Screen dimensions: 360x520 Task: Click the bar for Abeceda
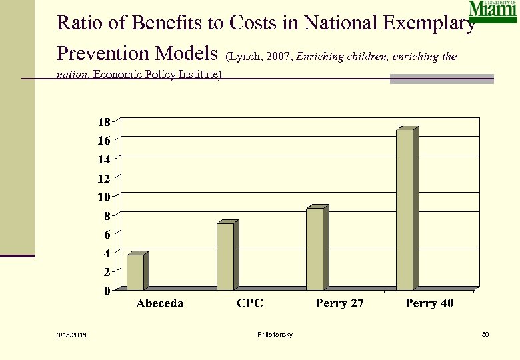pyautogui.click(x=135, y=272)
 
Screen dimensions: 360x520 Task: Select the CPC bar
pyautogui.click(x=225, y=257)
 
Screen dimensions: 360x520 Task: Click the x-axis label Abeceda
pyautogui.click(x=160, y=303)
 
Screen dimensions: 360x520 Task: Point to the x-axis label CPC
pyautogui.click(x=250, y=303)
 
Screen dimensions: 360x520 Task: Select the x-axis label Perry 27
pyautogui.click(x=339, y=303)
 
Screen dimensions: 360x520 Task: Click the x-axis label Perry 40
pyautogui.click(x=429, y=303)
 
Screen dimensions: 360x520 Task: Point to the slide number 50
pyautogui.click(x=485, y=334)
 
